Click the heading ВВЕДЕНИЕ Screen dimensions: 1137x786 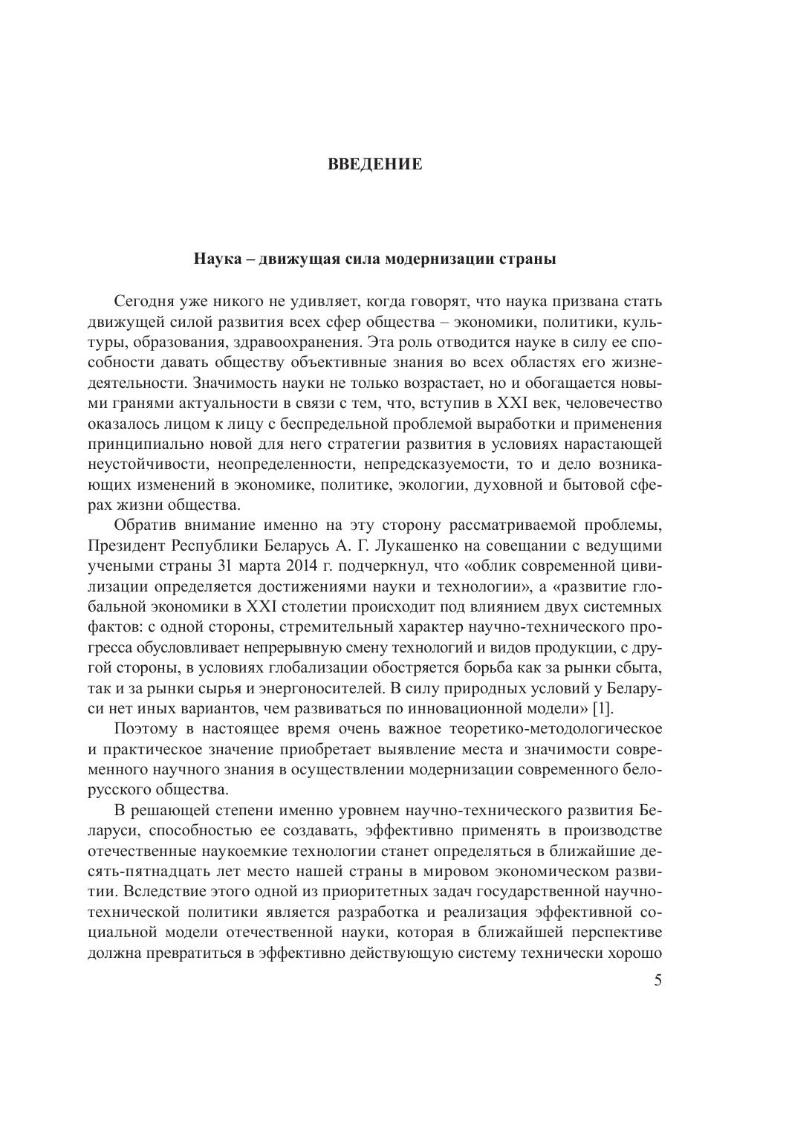click(375, 164)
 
